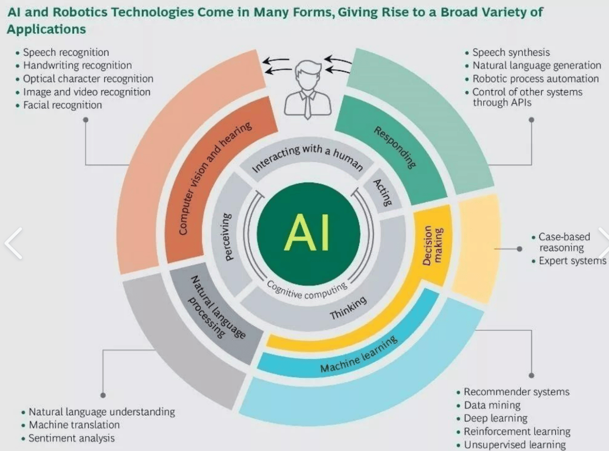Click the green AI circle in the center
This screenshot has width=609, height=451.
pyautogui.click(x=308, y=233)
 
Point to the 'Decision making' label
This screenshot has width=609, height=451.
pyautogui.click(x=433, y=245)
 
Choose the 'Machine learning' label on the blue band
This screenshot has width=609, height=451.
pyautogui.click(x=359, y=355)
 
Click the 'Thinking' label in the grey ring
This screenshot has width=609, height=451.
pyautogui.click(x=348, y=308)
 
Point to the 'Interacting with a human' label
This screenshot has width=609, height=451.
pyautogui.click(x=307, y=158)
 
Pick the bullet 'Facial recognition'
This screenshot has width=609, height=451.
pyautogui.click(x=62, y=105)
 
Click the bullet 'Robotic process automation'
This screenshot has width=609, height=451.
pyautogui.click(x=536, y=79)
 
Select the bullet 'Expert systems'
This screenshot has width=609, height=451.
pyautogui.click(x=572, y=261)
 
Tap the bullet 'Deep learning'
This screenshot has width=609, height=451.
pyautogui.click(x=495, y=418)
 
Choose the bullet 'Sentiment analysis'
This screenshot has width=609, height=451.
pyautogui.click(x=72, y=438)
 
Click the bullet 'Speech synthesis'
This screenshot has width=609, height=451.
pyautogui.click(x=511, y=52)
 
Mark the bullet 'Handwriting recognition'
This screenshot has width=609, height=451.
pyautogui.click(x=77, y=65)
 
